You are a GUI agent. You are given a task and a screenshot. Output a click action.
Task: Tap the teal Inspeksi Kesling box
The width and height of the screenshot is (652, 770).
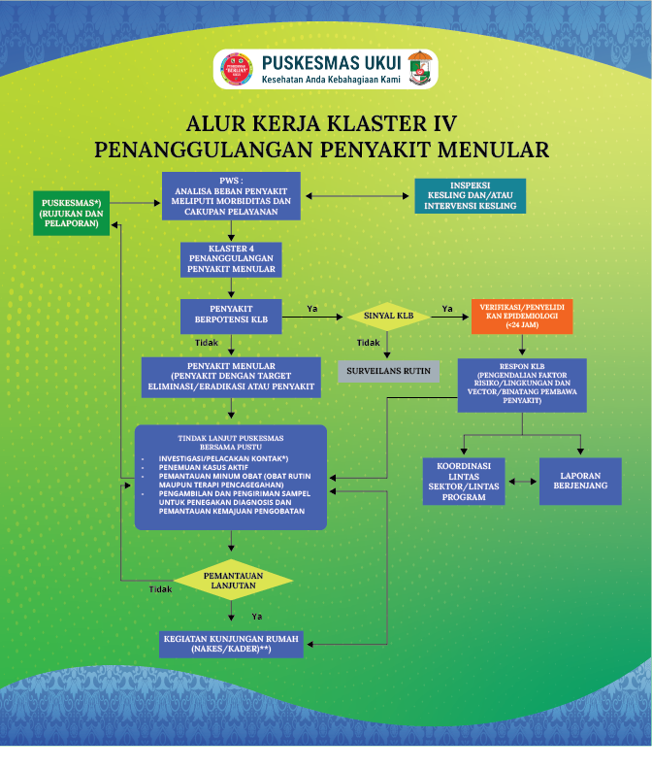click(470, 196)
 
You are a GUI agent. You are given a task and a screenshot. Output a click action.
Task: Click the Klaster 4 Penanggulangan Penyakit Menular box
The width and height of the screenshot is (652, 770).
click(231, 260)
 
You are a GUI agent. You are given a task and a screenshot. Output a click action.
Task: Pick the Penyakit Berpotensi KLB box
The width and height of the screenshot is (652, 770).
click(231, 316)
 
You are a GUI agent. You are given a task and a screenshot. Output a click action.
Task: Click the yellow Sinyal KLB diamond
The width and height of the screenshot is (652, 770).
click(389, 316)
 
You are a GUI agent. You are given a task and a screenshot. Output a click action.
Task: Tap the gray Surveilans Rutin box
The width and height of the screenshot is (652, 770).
click(389, 370)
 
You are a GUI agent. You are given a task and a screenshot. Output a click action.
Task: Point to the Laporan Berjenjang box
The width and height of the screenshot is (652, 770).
click(580, 481)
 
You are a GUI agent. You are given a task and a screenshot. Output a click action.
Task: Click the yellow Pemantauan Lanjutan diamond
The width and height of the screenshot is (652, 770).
click(232, 581)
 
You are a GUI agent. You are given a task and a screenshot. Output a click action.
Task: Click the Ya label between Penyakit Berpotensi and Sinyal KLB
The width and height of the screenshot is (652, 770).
click(312, 309)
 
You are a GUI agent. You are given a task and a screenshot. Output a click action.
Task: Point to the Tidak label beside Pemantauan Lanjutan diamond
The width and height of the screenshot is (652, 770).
click(160, 589)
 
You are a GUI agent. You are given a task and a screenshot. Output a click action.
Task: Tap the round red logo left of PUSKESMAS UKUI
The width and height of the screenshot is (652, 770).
click(238, 70)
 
